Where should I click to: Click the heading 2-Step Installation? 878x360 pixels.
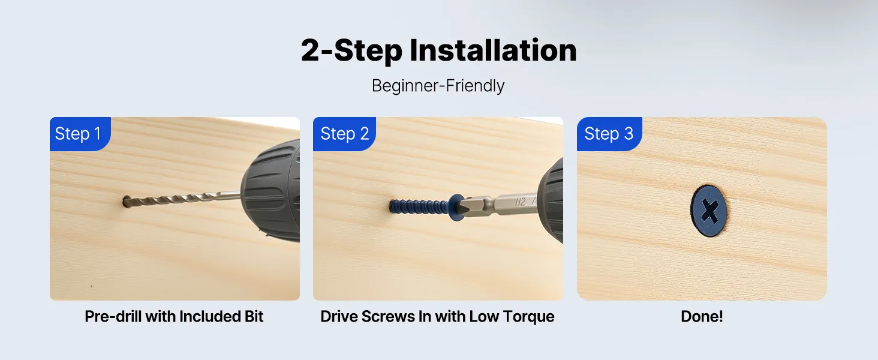click(438, 50)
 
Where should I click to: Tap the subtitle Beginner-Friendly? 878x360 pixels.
click(438, 86)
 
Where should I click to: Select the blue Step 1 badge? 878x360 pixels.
click(80, 134)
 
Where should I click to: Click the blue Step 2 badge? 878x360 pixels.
click(344, 134)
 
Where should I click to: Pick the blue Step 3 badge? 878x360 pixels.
click(609, 134)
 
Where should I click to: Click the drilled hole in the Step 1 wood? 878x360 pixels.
click(127, 202)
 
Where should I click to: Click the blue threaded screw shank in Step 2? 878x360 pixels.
click(419, 206)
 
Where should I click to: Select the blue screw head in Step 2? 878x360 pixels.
click(456, 206)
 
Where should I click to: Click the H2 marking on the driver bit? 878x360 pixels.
click(520, 202)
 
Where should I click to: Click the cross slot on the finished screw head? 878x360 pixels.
click(709, 211)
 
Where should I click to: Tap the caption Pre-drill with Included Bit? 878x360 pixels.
click(174, 316)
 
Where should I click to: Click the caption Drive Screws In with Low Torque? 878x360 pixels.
click(437, 316)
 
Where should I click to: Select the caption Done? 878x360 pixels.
click(702, 316)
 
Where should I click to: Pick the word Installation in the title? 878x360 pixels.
click(493, 50)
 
